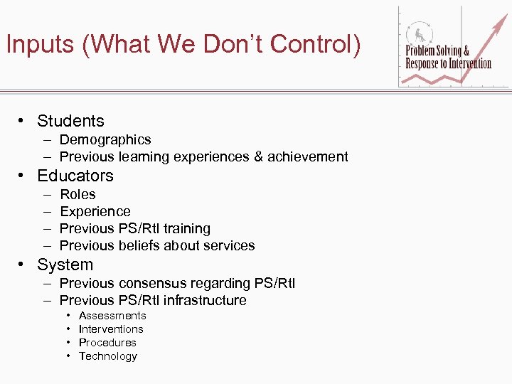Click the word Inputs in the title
[x=40, y=45]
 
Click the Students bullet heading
[x=70, y=121]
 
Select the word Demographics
[x=105, y=139]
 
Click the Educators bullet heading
[x=75, y=176]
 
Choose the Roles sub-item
[x=78, y=194]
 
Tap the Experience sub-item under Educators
[x=95, y=211]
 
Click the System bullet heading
[x=65, y=265]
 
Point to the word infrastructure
[x=205, y=300]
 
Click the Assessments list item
[x=112, y=315]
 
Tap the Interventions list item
[x=111, y=329]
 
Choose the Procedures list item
[x=107, y=342]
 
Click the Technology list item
[x=108, y=356]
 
